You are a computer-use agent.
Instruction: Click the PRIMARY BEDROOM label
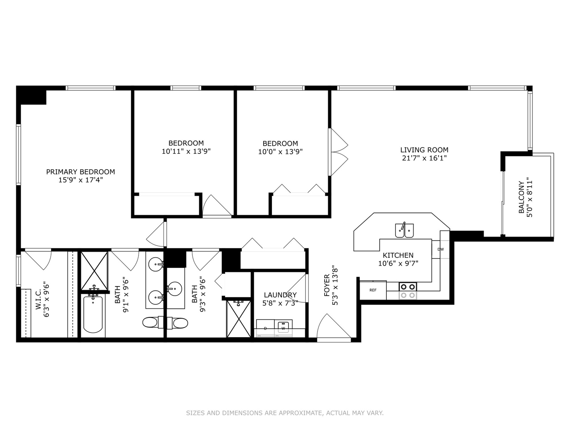pyautogui.click(x=80, y=172)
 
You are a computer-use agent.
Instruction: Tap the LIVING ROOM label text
pyautogui.click(x=424, y=150)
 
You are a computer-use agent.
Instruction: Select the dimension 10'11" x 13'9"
pyautogui.click(x=186, y=151)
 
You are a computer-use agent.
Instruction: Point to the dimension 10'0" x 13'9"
pyautogui.click(x=280, y=151)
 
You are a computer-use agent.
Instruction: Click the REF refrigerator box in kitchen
pyautogui.click(x=373, y=290)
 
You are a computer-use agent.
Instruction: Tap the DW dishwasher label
pyautogui.click(x=441, y=249)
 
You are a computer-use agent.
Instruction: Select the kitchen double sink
pyautogui.click(x=404, y=230)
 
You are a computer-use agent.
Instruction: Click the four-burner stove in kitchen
pyautogui.click(x=408, y=291)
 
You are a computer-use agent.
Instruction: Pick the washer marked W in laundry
pyautogui.click(x=283, y=328)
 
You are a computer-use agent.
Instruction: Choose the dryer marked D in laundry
pyautogui.click(x=265, y=328)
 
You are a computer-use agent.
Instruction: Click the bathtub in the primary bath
pyautogui.click(x=93, y=314)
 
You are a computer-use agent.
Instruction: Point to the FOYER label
pyautogui.click(x=327, y=285)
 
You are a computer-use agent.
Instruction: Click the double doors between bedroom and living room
pyautogui.click(x=338, y=151)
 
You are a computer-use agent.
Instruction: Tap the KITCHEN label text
pyautogui.click(x=398, y=255)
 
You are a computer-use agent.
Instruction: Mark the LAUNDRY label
pyautogui.click(x=280, y=295)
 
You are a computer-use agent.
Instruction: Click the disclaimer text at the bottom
pyautogui.click(x=285, y=413)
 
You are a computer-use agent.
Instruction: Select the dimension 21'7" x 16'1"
pyautogui.click(x=424, y=158)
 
